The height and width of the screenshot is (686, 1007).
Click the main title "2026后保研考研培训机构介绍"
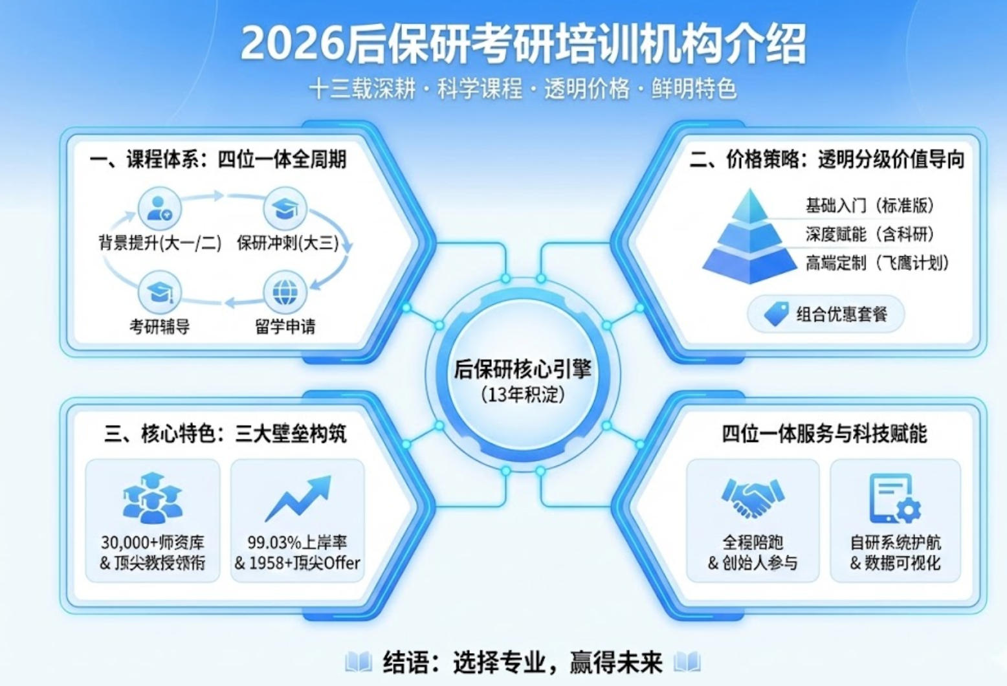click(523, 44)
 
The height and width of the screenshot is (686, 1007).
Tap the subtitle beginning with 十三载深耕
click(523, 89)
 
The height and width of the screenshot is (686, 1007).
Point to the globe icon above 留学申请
click(285, 293)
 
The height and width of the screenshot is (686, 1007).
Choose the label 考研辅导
click(159, 327)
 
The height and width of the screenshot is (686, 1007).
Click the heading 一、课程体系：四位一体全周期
click(218, 159)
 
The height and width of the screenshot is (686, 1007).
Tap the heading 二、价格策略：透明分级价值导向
click(826, 159)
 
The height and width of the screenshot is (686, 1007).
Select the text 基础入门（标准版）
click(870, 206)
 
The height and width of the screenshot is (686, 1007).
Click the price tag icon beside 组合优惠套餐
click(776, 314)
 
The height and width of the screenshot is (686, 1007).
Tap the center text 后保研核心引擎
click(523, 369)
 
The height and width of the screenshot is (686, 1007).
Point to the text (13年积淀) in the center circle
click(523, 394)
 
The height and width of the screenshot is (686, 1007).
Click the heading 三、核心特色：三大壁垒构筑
click(225, 434)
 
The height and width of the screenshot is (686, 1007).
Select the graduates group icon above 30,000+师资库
click(152, 498)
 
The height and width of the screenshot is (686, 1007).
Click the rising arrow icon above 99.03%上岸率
click(298, 498)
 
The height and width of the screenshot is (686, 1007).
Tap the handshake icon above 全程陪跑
click(753, 497)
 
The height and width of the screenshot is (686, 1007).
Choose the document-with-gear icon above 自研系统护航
click(894, 498)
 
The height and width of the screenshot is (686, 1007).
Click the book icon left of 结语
click(359, 662)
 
